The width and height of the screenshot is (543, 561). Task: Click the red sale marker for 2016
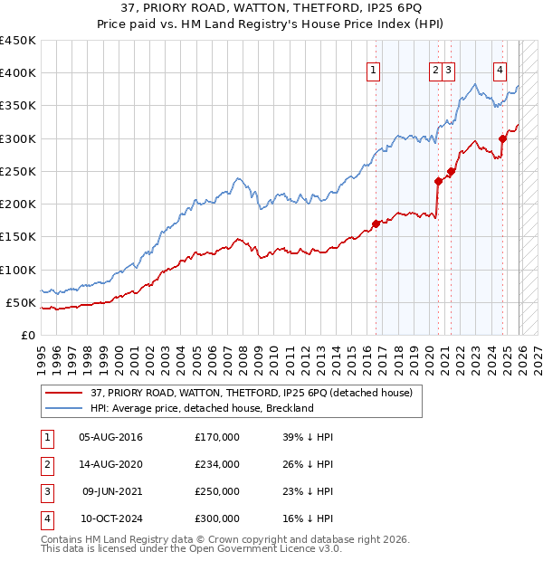[x=376, y=223]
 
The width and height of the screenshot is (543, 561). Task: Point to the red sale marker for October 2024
[x=502, y=138]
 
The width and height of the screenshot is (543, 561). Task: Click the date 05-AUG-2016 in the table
[x=110, y=437]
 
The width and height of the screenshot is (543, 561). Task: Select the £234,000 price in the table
[x=217, y=464]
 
